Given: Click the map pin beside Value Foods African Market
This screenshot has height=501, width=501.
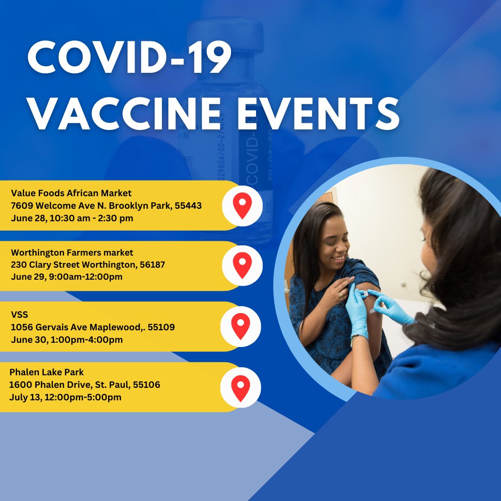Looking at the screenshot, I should point(242,206).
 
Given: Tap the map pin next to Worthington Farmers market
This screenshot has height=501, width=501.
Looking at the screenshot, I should point(242,265).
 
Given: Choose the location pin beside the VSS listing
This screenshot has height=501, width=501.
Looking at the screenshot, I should point(241,326).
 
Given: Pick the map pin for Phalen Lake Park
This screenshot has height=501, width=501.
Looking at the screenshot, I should point(241,387).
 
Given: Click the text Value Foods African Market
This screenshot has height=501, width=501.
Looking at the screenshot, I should point(71,193).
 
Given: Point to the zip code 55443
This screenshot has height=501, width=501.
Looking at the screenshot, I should point(188,206).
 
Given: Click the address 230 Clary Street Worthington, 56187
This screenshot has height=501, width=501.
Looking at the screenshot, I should point(88,265).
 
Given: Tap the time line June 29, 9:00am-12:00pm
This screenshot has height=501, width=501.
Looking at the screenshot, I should point(67,277).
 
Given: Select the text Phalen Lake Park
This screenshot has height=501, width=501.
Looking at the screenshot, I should point(46,372).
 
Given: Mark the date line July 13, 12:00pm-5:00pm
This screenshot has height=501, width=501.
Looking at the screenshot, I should point(65,397).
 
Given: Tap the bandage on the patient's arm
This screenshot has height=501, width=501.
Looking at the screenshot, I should point(364,293).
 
